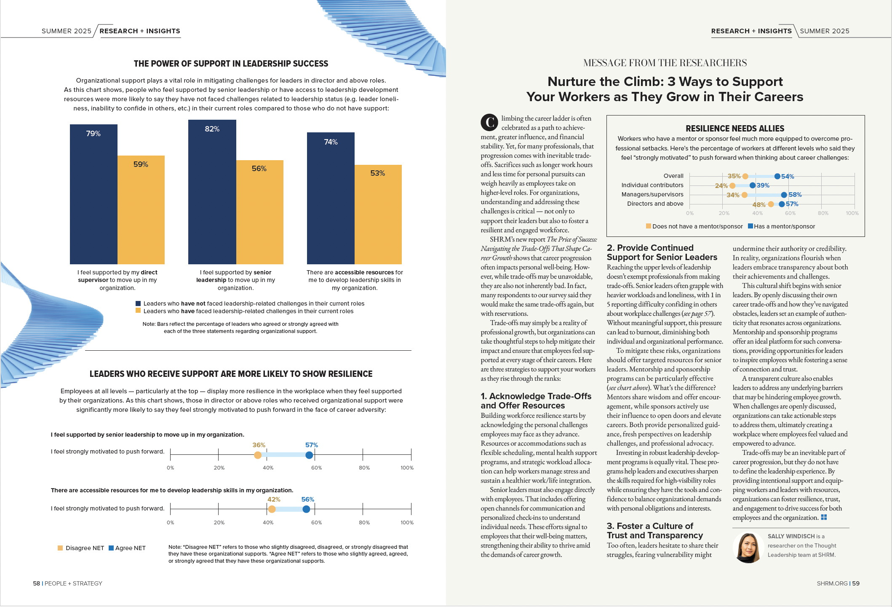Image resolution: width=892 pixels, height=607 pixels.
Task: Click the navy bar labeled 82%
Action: tap(212, 192)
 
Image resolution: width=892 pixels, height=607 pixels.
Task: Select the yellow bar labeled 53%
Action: tap(378, 214)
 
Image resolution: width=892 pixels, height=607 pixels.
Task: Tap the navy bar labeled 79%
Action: tap(93, 194)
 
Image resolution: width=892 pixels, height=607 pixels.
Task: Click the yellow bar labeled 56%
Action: tap(259, 212)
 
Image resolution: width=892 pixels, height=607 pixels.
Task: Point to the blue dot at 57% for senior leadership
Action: tap(309, 455)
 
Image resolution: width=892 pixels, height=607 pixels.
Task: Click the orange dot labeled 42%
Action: tap(272, 509)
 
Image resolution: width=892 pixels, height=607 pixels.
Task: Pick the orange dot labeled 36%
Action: tap(258, 455)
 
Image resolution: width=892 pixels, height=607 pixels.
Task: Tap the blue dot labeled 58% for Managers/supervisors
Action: tap(784, 195)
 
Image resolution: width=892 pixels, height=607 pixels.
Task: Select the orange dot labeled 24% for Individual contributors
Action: tap(732, 185)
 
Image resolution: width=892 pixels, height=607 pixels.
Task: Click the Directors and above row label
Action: tap(655, 204)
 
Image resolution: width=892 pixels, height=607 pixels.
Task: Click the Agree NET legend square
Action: tap(111, 548)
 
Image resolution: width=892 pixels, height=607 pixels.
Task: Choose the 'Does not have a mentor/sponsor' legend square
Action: tap(649, 226)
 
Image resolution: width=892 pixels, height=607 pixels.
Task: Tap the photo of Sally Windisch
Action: tap(748, 548)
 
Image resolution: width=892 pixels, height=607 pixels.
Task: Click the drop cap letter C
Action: tap(489, 122)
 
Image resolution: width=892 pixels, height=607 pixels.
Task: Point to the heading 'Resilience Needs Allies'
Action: tap(735, 129)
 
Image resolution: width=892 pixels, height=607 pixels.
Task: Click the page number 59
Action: tap(856, 583)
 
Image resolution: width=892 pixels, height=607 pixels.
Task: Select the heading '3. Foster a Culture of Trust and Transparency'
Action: tap(654, 531)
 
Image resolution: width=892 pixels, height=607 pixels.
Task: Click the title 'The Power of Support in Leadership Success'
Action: tap(231, 64)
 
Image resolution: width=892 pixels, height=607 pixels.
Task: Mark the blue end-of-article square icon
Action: tap(824, 517)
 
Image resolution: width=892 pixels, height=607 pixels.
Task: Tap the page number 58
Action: tap(37, 583)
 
